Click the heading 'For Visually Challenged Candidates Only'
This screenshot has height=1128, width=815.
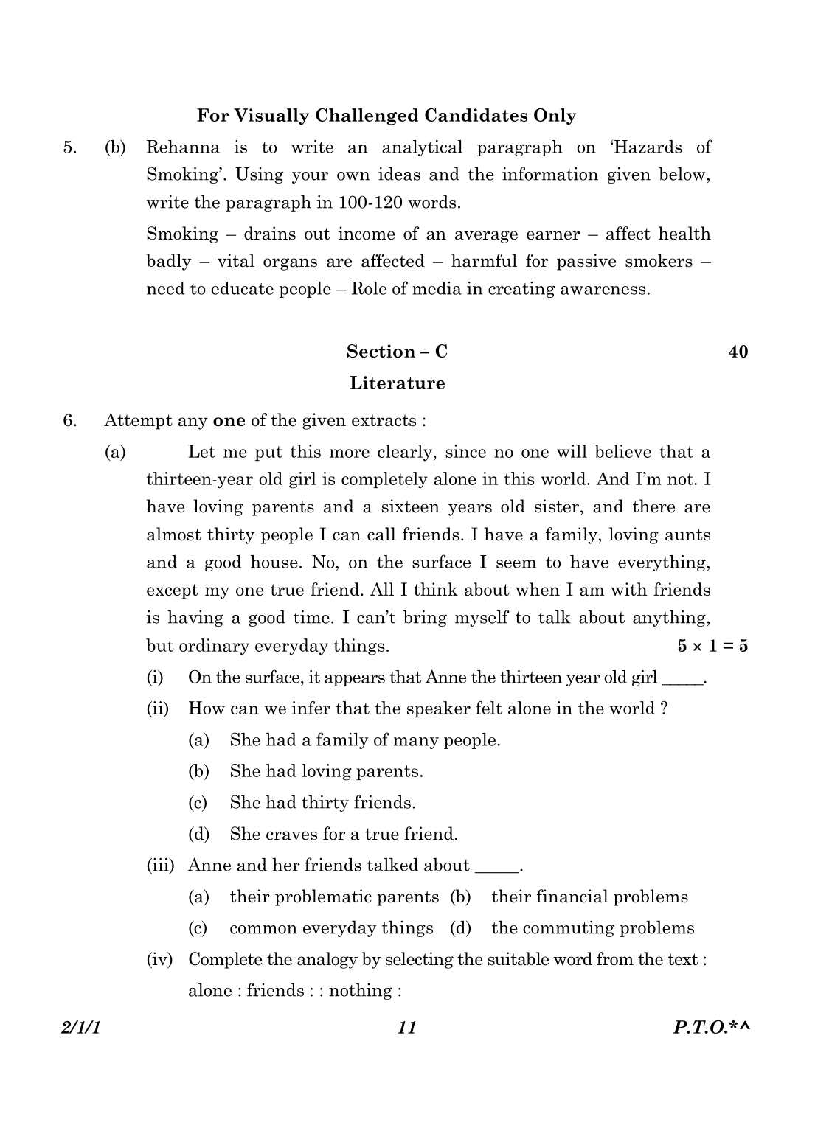click(x=386, y=116)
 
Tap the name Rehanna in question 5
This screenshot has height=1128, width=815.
click(x=182, y=147)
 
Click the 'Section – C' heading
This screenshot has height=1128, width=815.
click(x=397, y=352)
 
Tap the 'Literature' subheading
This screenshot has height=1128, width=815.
click(x=397, y=383)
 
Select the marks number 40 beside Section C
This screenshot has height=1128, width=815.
click(x=738, y=352)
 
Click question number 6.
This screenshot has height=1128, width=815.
click(x=69, y=421)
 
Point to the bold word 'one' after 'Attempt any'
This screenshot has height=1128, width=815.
click(x=229, y=421)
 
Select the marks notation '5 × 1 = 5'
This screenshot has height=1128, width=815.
click(x=712, y=647)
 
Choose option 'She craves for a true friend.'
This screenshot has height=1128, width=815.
click(x=343, y=835)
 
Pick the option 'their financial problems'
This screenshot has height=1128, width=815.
click(x=589, y=897)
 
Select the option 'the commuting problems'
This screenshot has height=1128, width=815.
click(x=592, y=928)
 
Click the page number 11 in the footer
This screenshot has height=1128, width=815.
click(x=407, y=1028)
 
